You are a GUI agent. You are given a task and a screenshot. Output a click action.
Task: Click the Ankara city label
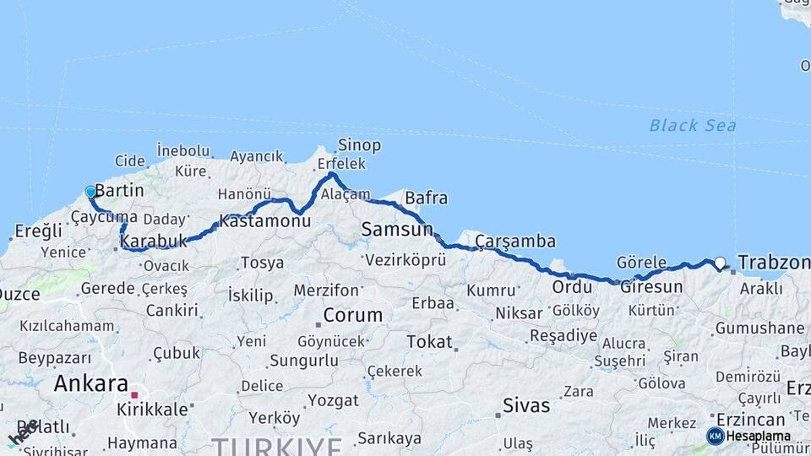tap(91, 384)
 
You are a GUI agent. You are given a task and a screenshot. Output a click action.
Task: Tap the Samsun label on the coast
tap(396, 229)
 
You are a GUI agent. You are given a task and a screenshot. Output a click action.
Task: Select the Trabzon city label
tap(773, 263)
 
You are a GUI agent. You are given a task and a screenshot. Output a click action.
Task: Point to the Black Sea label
tap(692, 126)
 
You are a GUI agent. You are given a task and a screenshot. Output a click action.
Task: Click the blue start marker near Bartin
tap(90, 192)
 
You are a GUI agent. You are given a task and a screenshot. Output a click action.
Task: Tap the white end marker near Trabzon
tap(720, 263)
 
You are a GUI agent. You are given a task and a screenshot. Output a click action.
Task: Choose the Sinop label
tap(359, 145)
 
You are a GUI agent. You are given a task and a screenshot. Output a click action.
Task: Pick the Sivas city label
tap(525, 405)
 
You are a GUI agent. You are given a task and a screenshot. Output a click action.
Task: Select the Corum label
tap(353, 316)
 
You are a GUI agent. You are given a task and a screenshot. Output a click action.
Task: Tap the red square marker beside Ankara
tap(134, 394)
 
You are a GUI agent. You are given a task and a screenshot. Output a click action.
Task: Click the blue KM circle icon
tap(716, 436)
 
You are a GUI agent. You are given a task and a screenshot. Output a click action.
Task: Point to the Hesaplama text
tap(758, 436)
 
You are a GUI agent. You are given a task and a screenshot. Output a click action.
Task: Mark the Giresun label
tap(651, 287)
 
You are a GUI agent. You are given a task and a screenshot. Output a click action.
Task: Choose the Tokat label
tap(429, 342)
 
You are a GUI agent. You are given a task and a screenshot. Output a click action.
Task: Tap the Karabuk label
tap(153, 242)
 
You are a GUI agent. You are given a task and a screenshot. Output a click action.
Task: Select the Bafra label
tap(426, 198)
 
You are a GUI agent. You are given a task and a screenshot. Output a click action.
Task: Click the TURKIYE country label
tap(276, 446)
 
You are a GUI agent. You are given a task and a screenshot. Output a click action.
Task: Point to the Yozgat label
tap(333, 400)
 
